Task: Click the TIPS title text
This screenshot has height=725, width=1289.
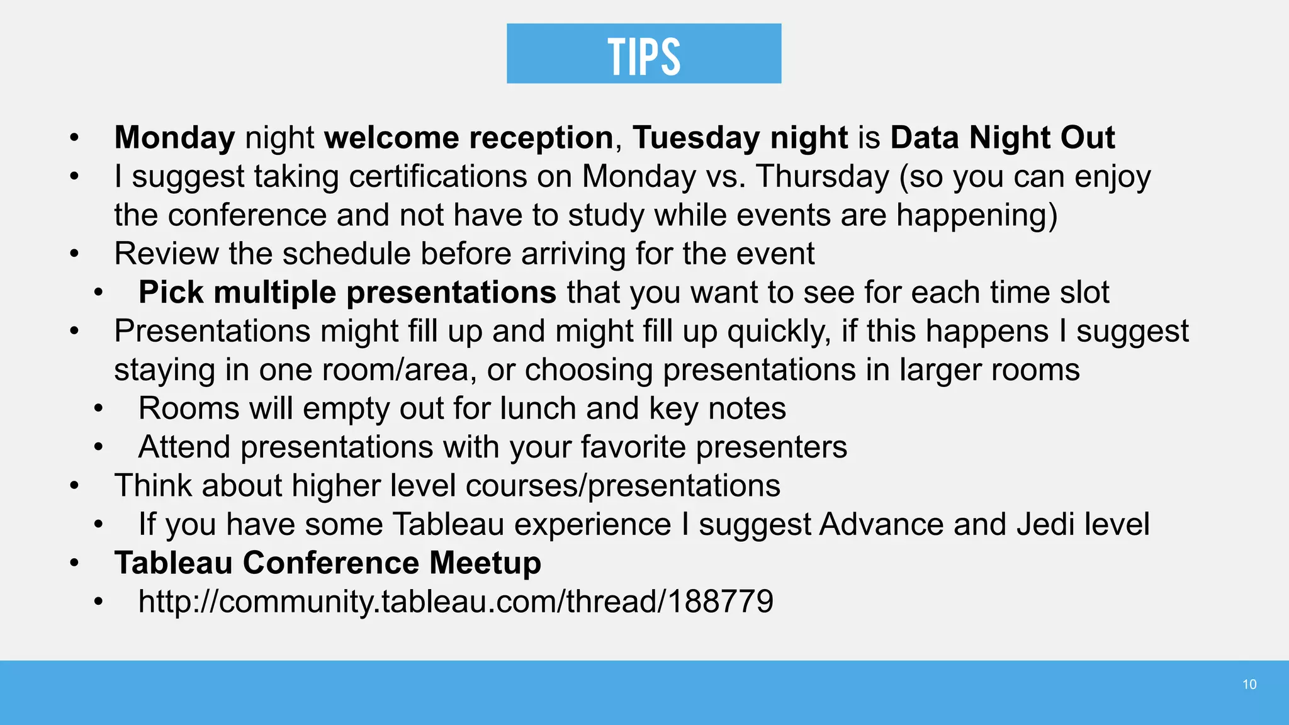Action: click(644, 55)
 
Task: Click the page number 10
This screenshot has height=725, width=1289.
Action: click(1249, 685)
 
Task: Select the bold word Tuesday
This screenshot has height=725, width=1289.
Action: click(696, 137)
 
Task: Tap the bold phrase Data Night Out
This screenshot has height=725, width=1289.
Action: click(1003, 137)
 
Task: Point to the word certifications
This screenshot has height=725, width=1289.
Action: click(438, 176)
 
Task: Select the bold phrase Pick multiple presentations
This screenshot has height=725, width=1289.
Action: click(347, 293)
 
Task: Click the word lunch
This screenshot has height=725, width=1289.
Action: click(538, 408)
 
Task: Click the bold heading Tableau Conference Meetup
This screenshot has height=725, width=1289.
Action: click(327, 563)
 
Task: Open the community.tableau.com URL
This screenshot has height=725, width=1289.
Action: click(456, 602)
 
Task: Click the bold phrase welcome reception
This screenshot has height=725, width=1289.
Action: click(469, 137)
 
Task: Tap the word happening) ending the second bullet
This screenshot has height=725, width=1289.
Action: click(976, 215)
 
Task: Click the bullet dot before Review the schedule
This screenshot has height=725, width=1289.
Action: click(74, 254)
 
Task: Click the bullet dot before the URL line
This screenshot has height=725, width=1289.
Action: click(98, 602)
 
